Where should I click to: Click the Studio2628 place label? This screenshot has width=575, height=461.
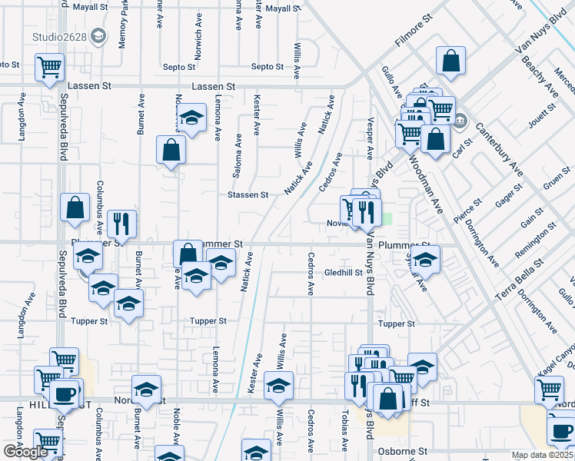pos(58,36)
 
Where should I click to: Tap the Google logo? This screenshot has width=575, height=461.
pos(25,452)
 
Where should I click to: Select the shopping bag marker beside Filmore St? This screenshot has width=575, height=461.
pos(451,61)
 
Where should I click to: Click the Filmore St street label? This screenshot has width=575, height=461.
pos(415,36)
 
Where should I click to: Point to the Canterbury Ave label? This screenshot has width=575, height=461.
pos(499,148)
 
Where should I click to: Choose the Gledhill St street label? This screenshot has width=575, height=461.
pos(343,272)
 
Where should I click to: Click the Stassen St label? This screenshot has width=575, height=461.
pos(248,195)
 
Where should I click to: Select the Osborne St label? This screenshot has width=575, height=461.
pos(401,452)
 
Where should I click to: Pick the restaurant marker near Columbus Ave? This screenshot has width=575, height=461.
pos(121,224)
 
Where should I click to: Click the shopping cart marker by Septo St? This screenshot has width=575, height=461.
pos(49,67)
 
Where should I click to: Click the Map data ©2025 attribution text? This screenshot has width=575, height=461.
pos(541,455)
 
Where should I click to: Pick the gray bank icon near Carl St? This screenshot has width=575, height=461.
pos(460,121)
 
